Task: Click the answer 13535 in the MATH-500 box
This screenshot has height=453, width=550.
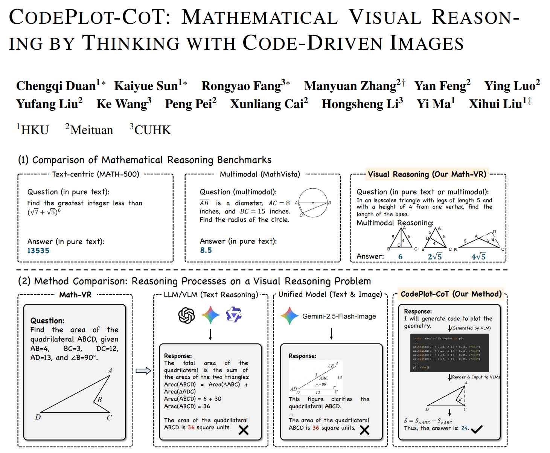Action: tap(38, 250)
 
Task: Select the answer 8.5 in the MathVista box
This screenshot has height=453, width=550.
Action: tap(206, 250)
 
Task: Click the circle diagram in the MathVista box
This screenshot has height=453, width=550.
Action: tap(312, 203)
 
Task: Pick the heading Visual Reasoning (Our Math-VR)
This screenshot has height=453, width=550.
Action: tap(427, 174)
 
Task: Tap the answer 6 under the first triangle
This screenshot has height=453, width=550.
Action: tap(400, 256)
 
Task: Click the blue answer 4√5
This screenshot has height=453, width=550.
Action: tap(478, 256)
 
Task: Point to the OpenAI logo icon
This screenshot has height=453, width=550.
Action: tap(186, 315)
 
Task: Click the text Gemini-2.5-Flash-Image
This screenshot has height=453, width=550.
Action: tap(339, 316)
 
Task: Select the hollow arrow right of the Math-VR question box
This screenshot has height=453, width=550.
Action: tap(143, 371)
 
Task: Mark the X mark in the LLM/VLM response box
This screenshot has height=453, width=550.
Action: tap(244, 430)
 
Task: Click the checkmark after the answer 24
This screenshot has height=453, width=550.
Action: tap(477, 429)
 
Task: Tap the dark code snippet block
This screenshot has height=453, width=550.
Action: tap(449, 353)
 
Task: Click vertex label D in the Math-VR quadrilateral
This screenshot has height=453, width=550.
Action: tap(38, 417)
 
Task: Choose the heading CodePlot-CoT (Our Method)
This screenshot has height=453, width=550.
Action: tap(451, 294)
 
